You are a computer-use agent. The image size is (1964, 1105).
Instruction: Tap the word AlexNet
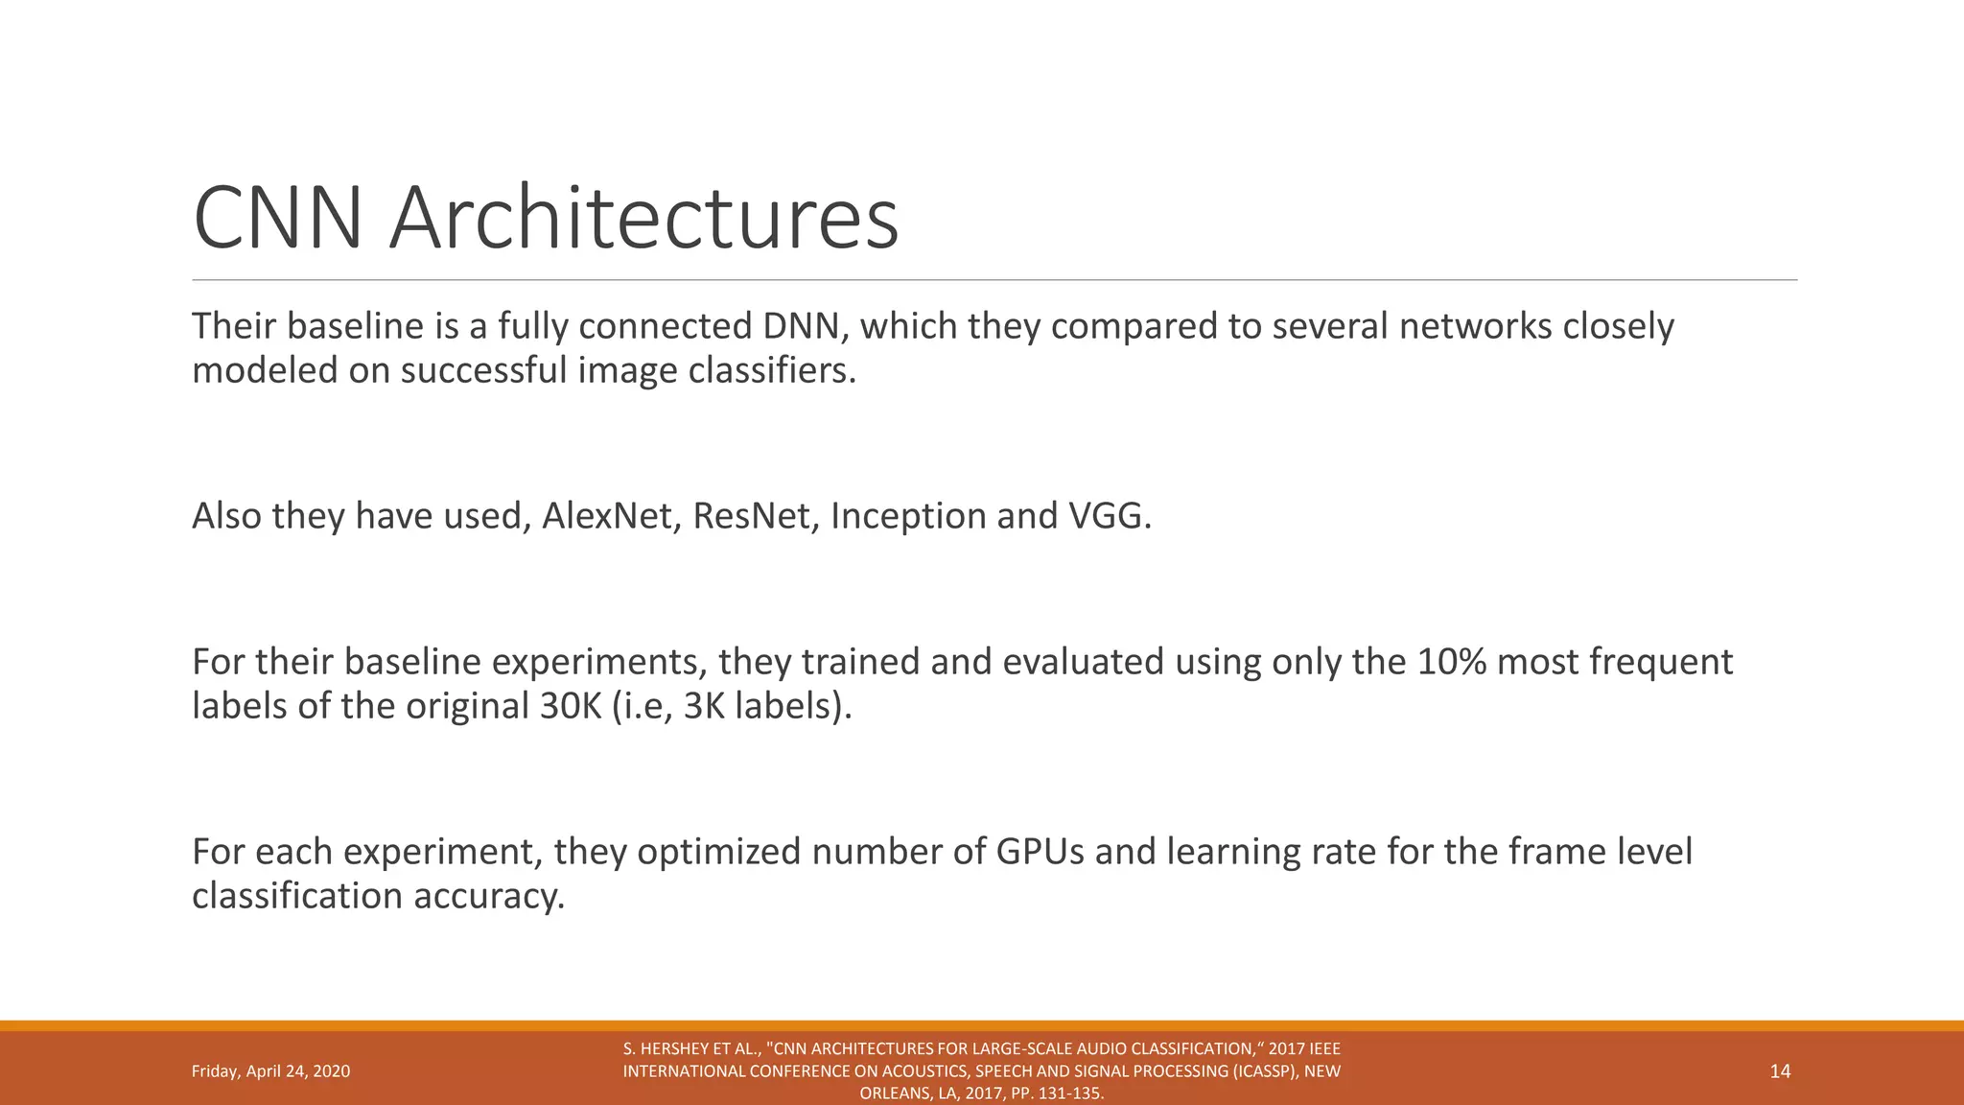[x=607, y=516]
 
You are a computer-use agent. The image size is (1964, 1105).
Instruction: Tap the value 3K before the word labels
[x=704, y=706]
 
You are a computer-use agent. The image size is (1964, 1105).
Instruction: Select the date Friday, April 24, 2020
[x=270, y=1071]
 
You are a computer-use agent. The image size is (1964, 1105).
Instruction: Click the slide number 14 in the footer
[x=1780, y=1071]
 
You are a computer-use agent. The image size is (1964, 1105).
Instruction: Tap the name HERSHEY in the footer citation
[x=672, y=1049]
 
